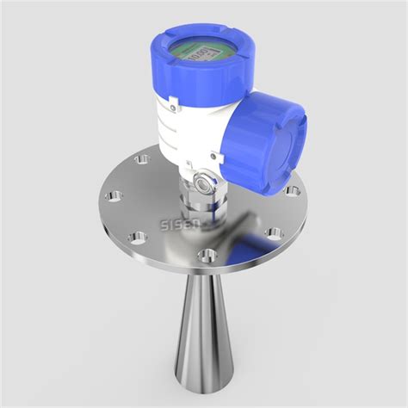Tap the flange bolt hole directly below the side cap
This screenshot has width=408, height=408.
[274, 232]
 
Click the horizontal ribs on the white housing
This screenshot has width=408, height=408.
[176, 133]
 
